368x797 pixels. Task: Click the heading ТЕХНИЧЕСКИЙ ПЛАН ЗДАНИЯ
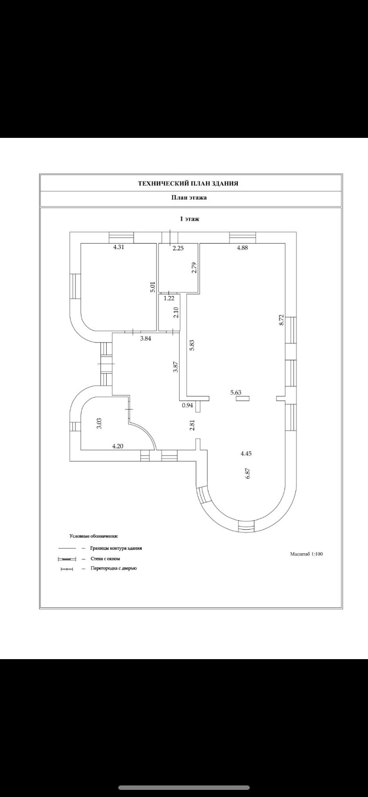tap(188, 183)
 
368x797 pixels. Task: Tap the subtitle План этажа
tap(189, 198)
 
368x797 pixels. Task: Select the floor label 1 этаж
tap(189, 219)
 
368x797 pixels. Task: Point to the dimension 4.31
tap(118, 248)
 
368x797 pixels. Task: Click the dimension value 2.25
tap(178, 248)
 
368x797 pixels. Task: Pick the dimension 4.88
tap(242, 248)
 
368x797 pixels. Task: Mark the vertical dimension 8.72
tap(280, 320)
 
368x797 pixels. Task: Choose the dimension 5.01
tap(152, 287)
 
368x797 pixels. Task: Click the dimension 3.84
tap(146, 338)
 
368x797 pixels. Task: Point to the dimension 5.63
tap(236, 392)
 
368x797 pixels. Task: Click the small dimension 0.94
tap(188, 405)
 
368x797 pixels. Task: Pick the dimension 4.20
tap(117, 446)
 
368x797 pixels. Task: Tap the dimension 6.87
tap(248, 473)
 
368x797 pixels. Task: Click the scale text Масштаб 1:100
tap(306, 554)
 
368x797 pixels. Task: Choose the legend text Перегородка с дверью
tap(113, 568)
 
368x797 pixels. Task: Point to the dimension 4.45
tap(246, 454)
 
